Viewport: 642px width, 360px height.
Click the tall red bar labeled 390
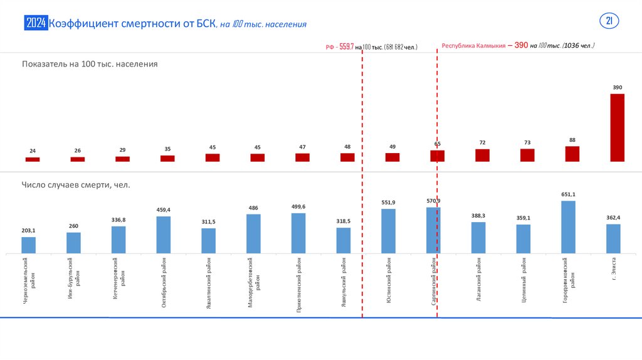[617, 128]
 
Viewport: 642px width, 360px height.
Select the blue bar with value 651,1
[568, 227]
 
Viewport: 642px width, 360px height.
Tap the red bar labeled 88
[572, 154]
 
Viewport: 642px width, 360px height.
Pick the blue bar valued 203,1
[29, 245]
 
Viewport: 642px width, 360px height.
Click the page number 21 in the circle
[609, 21]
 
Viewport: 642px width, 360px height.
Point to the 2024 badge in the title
[36, 24]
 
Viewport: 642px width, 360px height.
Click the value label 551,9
[388, 203]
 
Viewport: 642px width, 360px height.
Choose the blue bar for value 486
[253, 234]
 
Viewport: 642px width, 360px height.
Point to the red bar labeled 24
[33, 159]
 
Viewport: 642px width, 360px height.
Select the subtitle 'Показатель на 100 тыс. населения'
[89, 64]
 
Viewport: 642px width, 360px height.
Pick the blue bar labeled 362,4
[613, 239]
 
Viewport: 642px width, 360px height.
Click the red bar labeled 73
[527, 155]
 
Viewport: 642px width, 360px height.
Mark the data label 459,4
[163, 209]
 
